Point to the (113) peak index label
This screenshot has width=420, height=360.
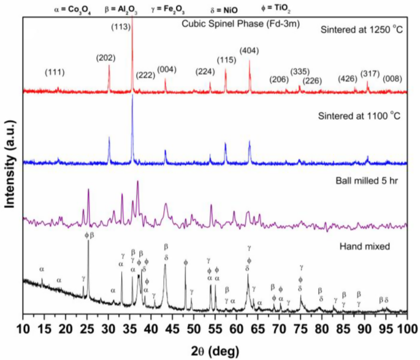(x=120, y=27)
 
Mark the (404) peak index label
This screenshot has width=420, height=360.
(x=250, y=50)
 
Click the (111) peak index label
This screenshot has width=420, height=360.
(x=55, y=72)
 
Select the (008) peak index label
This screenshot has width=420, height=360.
(x=393, y=79)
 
